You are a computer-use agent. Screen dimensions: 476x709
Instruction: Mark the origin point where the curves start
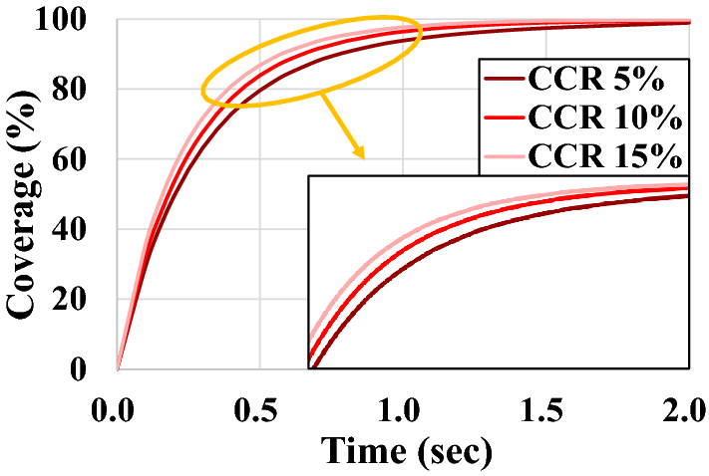[x=119, y=369]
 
